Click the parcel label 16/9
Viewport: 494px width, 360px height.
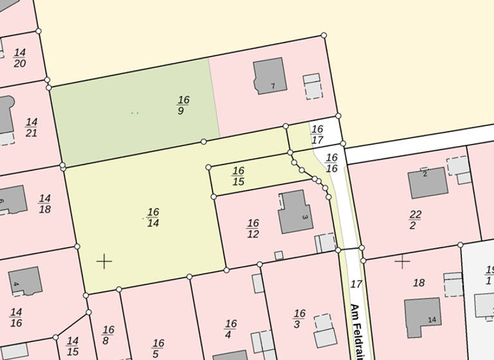point(183,105)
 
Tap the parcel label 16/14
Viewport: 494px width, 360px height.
point(153,217)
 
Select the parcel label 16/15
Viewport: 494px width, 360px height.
point(238,175)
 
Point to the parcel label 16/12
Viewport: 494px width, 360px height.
point(253,228)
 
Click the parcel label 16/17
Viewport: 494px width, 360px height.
point(317,134)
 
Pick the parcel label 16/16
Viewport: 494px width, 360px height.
point(332,162)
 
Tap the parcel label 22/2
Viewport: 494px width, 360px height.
point(416,219)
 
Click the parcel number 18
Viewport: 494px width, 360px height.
point(419,282)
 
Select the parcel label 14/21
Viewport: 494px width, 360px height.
point(31,127)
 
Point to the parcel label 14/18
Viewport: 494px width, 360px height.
point(44,204)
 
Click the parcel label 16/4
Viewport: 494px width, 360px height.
point(230,328)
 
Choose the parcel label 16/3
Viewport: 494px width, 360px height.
point(299,318)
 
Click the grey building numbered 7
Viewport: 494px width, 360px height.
point(270,76)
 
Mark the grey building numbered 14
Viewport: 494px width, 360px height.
point(422,317)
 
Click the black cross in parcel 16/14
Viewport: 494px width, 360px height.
point(104,261)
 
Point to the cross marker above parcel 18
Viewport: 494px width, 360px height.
point(403,261)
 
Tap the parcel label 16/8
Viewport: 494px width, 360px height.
point(108,335)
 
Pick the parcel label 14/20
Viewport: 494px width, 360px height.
point(19,58)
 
